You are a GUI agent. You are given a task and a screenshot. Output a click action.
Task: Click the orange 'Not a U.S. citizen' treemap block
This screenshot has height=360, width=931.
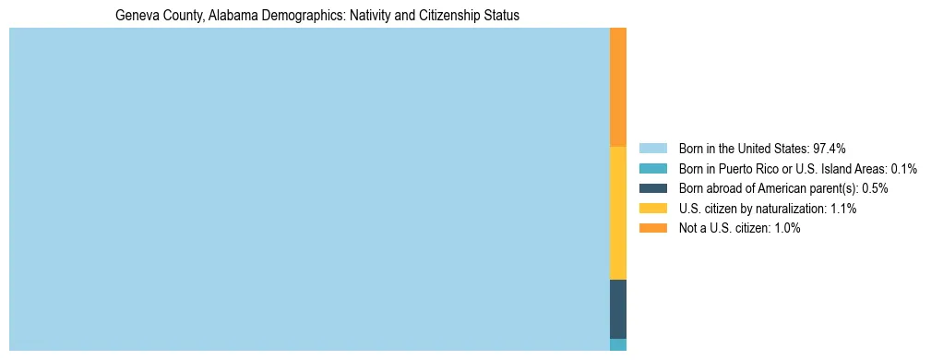click(618, 87)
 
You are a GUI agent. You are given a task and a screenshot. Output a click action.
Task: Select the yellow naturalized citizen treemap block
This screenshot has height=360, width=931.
click(618, 212)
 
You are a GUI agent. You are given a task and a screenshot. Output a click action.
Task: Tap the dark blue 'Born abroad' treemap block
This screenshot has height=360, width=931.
click(618, 308)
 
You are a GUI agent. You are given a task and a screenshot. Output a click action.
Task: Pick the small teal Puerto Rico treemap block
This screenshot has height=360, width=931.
click(618, 344)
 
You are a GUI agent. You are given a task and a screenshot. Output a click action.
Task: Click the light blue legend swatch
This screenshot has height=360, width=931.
click(652, 149)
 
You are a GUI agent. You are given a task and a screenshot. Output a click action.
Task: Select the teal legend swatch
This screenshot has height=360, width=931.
click(652, 169)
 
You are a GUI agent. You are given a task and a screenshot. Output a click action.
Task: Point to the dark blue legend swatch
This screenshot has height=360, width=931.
click(652, 188)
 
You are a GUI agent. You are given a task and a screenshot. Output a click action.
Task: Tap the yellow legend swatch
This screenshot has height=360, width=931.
click(652, 209)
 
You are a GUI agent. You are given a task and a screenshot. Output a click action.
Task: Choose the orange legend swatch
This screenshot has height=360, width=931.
click(652, 228)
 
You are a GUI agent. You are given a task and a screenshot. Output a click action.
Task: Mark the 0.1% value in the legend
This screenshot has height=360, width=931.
click(904, 169)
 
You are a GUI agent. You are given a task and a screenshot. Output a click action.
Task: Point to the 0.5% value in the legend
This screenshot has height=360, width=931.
click(875, 188)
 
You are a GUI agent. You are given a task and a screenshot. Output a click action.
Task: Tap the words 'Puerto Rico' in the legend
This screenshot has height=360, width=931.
click(747, 169)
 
